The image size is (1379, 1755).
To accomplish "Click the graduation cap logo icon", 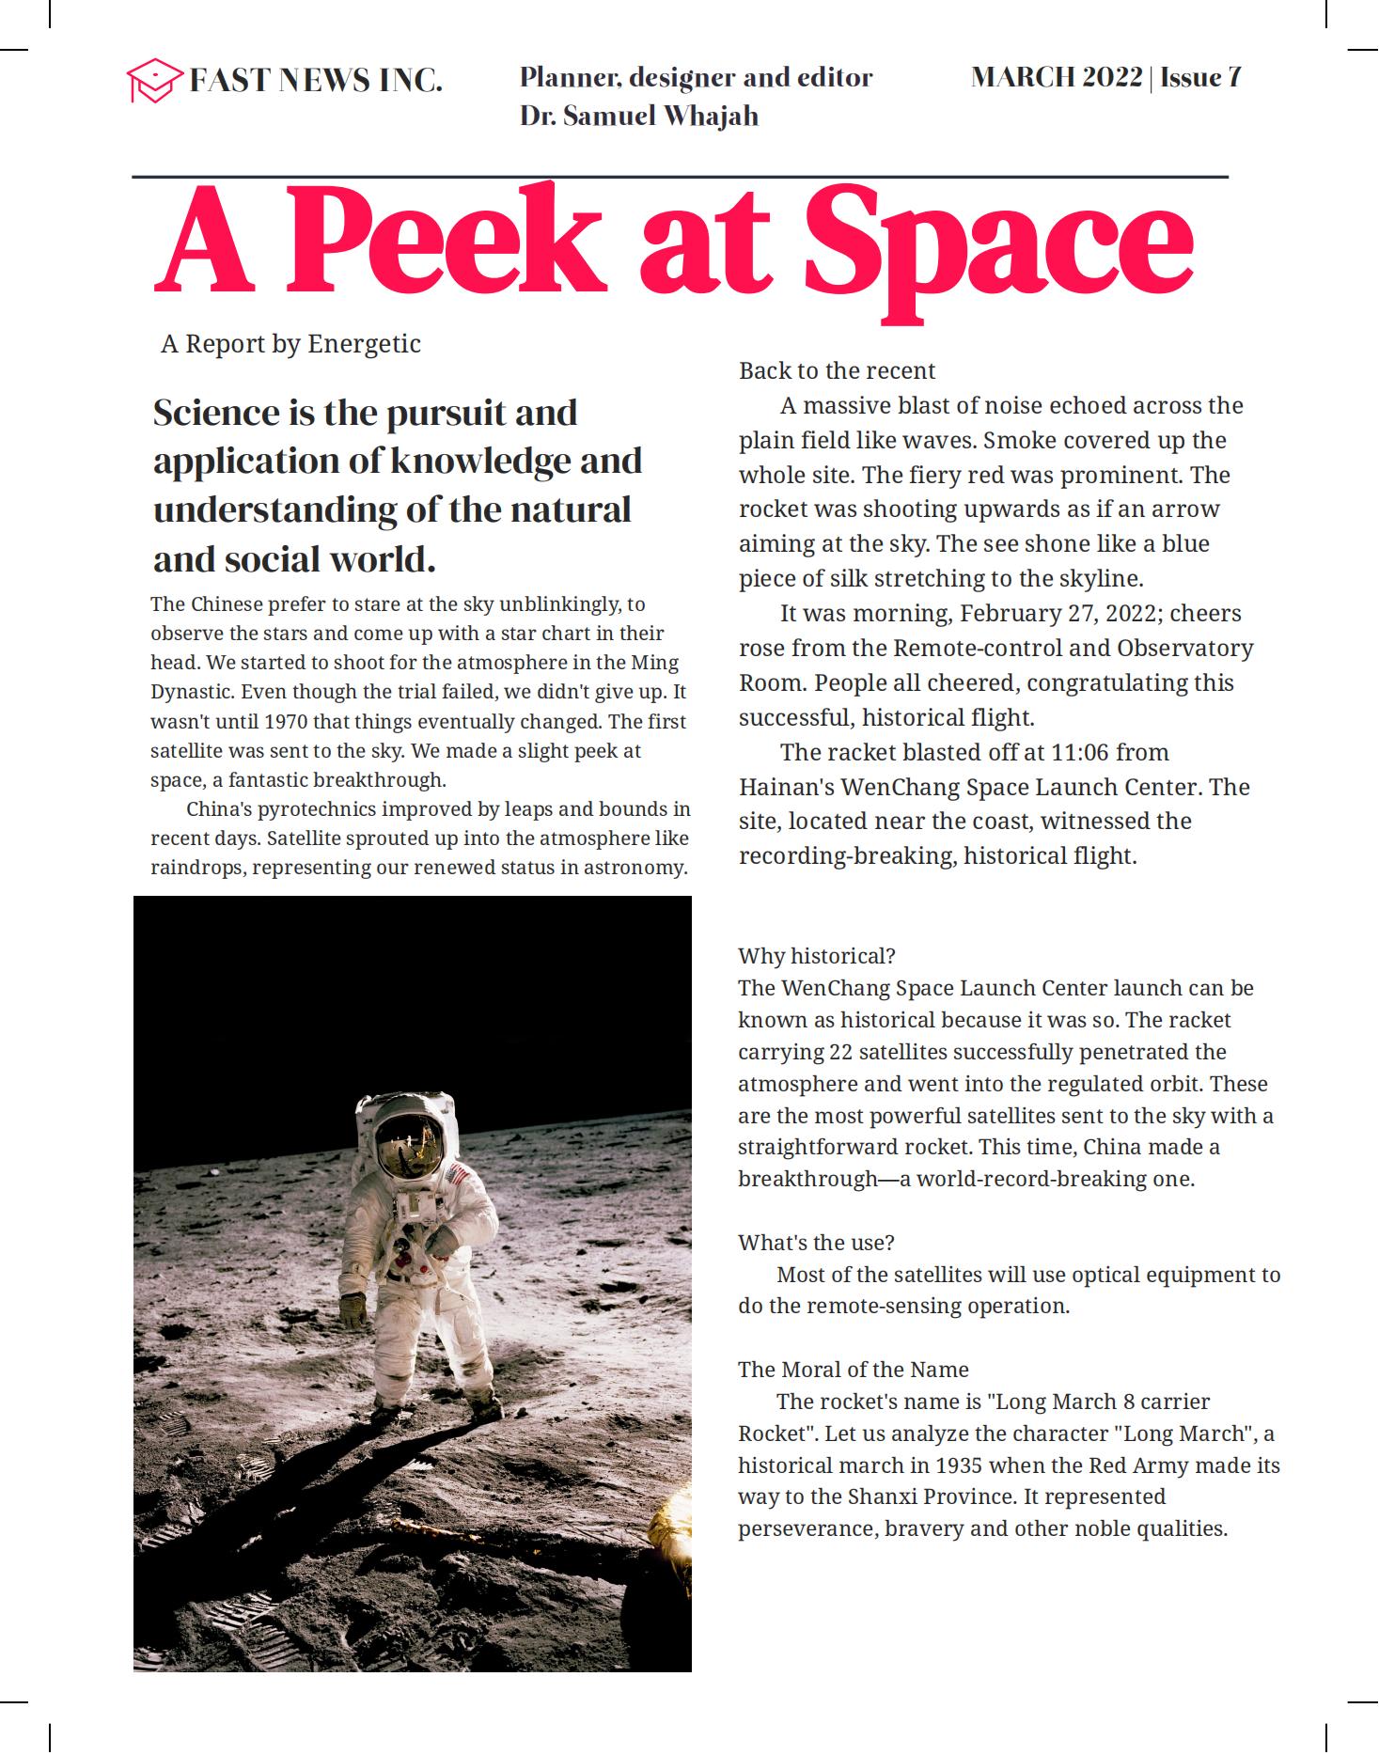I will point(153,80).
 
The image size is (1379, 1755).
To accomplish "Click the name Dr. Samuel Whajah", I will point(638,117).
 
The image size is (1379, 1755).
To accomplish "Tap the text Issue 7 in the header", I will point(1200,77).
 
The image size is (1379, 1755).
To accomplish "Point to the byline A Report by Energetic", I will point(290,344).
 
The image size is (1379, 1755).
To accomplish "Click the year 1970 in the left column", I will point(286,722).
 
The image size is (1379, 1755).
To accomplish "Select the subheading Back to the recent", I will point(837,370).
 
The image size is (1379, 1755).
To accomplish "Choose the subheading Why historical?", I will point(816,956).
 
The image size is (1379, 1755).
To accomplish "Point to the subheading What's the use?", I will point(816,1243).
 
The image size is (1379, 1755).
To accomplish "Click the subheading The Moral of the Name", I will point(853,1370).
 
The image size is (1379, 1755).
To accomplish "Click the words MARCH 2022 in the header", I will point(1056,77).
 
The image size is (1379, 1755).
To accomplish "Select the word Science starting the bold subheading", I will point(216,413).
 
